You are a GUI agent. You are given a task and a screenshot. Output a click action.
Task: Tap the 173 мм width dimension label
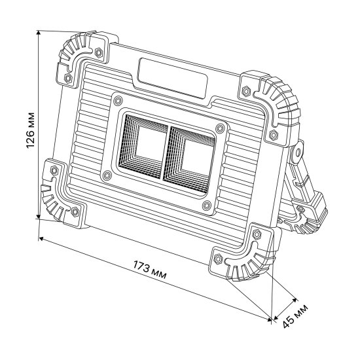[x=149, y=270]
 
